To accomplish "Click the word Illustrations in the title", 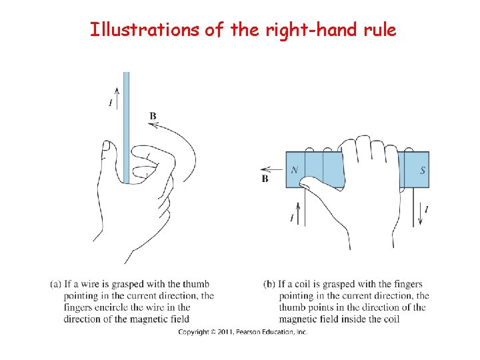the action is point(145,30).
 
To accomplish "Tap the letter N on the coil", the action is point(295,169).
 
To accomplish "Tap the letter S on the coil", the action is point(423,170).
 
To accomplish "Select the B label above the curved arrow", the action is point(153,116).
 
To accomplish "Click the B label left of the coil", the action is point(265,179).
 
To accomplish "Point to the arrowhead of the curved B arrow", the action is point(152,125).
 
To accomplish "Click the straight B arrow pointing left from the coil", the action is point(271,169).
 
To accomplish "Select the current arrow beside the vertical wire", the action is point(117,98).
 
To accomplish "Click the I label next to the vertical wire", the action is point(111,103).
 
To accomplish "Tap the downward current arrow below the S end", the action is point(421,213).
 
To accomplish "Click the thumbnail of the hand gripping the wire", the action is point(107,146).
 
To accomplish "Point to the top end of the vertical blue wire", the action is point(127,73).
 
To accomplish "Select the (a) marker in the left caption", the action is point(56,284).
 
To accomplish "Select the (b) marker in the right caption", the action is point(269,284).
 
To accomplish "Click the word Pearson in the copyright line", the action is point(247,332).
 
